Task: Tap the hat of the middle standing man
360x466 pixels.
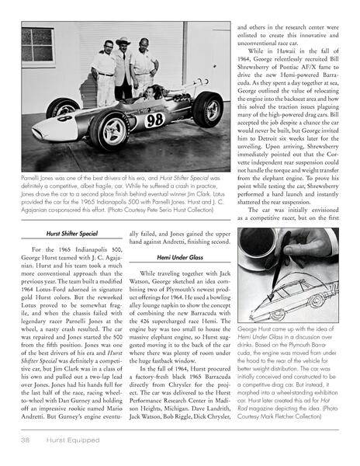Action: tap(123, 41)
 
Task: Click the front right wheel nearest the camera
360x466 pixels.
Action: tap(109, 129)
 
